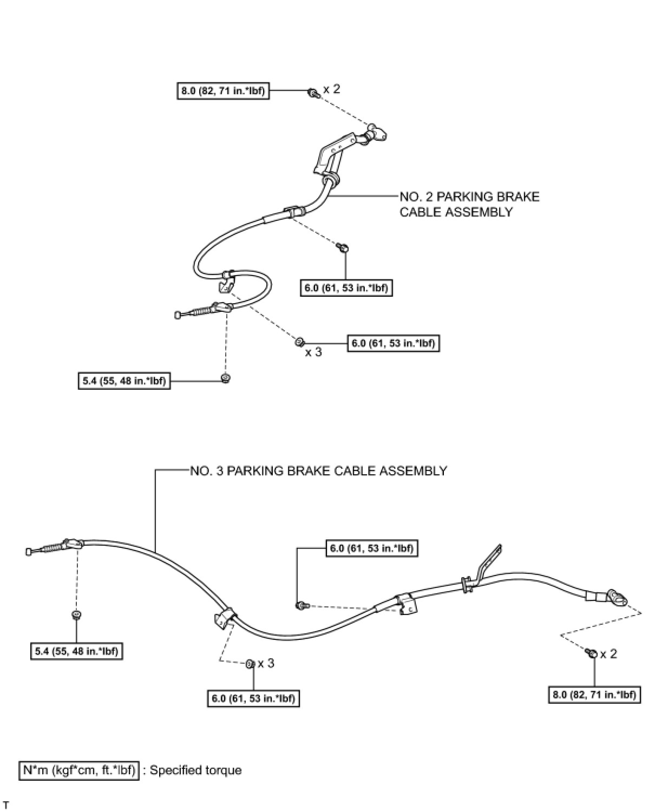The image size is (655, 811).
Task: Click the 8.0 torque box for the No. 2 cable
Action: coord(222,90)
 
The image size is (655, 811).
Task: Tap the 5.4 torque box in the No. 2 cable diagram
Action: coord(124,381)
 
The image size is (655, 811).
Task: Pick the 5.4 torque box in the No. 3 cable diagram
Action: coord(76,651)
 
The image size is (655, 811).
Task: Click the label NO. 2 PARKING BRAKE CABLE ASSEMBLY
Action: coord(469,204)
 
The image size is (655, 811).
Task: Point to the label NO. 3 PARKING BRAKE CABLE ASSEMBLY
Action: coord(318,470)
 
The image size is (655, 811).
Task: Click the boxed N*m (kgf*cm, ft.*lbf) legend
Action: coord(79,770)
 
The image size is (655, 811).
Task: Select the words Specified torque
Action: coord(195,770)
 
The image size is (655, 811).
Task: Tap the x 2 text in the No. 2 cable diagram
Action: coord(332,89)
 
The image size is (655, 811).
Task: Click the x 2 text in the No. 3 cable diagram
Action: coord(608,654)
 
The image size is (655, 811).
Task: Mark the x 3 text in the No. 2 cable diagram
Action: coord(313,352)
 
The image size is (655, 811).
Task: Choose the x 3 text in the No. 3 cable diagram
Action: coord(266,663)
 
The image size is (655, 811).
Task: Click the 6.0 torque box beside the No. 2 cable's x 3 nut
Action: coord(393,343)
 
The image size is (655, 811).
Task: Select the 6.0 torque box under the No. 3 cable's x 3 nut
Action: coord(253,698)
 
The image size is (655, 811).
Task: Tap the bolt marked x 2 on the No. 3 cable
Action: coord(592,653)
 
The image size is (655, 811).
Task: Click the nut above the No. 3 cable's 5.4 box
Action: coord(76,614)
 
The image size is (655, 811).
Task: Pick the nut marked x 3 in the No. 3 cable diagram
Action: coord(250,664)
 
